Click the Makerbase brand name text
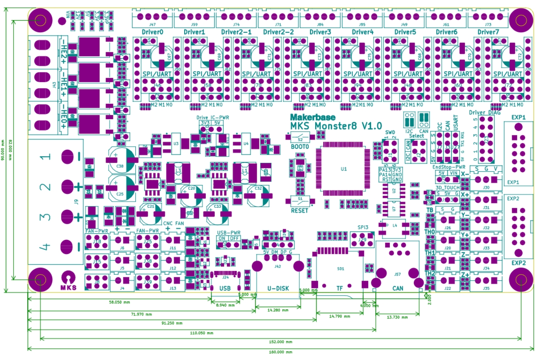313,117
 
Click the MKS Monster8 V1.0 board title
336,126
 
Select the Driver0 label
152,32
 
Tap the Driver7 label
488,32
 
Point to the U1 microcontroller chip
343,169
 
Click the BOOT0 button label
300,147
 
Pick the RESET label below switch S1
300,211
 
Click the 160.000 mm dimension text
280,352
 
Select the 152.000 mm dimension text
280,342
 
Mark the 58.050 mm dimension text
119,302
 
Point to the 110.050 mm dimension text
201,333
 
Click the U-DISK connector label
278,288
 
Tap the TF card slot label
339,288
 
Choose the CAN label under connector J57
398,288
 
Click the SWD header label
390,132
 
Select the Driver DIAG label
484,113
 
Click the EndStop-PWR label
448,167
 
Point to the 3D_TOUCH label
448,188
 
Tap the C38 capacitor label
120,166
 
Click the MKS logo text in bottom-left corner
68,288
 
